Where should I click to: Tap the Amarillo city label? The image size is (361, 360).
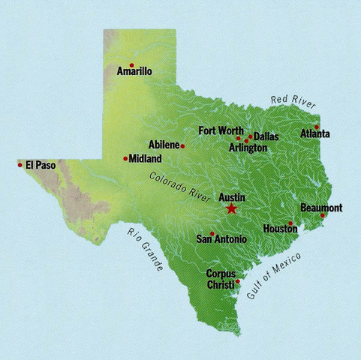[x=135, y=72]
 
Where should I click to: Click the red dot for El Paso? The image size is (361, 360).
[x=20, y=164]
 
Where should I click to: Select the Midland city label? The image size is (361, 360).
[x=146, y=159]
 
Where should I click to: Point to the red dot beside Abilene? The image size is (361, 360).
[x=182, y=146]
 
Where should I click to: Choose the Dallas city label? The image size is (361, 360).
[x=266, y=137]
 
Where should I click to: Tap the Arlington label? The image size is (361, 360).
[x=248, y=148]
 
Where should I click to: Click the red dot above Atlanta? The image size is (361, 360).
[x=317, y=126]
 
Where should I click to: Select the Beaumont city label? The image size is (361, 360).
[x=321, y=207]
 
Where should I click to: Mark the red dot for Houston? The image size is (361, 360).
[x=290, y=223]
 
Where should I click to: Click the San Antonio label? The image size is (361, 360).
[x=221, y=240]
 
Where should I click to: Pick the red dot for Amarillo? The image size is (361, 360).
[x=131, y=64]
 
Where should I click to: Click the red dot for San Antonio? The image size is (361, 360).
[x=212, y=233]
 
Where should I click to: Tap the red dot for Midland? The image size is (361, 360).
[x=125, y=158]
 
